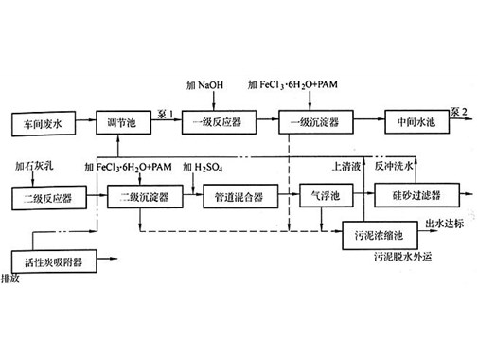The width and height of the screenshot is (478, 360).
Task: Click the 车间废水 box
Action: click(x=43, y=124)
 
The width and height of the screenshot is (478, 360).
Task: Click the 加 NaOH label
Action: click(x=206, y=86)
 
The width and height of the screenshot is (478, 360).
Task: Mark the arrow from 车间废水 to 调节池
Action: click(x=85, y=124)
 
